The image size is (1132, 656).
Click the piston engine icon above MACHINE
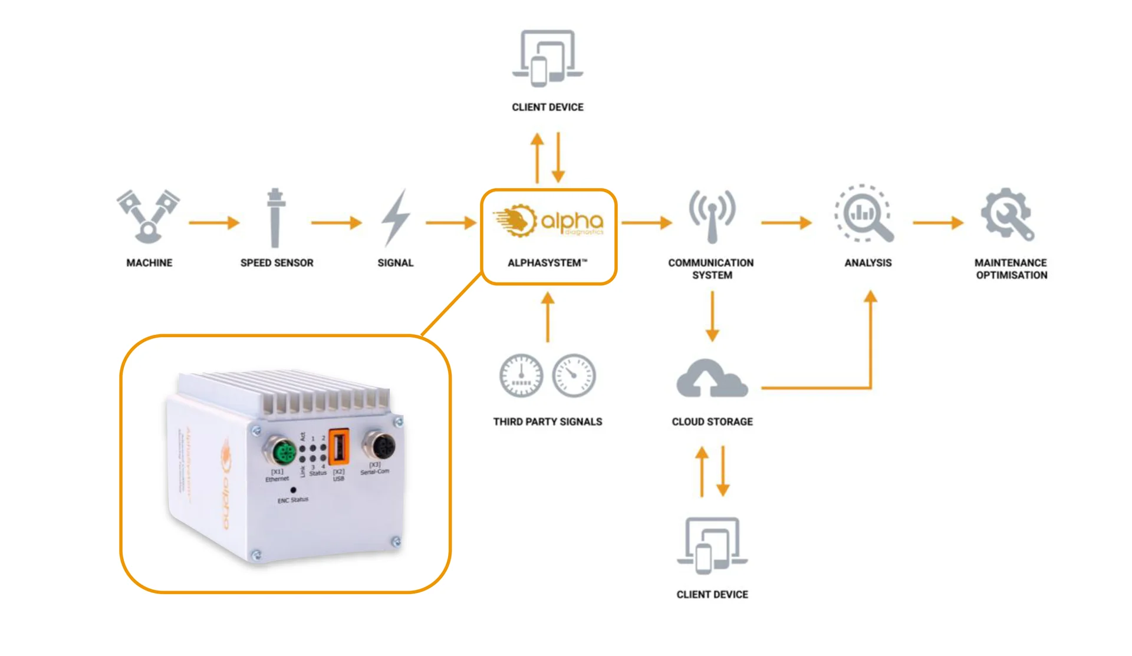pyautogui.click(x=148, y=216)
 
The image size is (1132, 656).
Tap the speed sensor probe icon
pyautogui.click(x=275, y=217)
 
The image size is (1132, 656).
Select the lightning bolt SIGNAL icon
pyautogui.click(x=395, y=216)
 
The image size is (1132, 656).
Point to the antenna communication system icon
pyautogui.click(x=712, y=216)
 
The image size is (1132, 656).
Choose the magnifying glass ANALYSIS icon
pyautogui.click(x=864, y=214)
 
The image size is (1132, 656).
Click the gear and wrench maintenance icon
pyautogui.click(x=1007, y=214)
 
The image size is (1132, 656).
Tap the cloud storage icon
pyautogui.click(x=712, y=378)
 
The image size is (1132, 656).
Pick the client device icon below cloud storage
pyautogui.click(x=712, y=545)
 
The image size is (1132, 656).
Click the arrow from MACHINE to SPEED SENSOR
pyautogui.click(x=214, y=223)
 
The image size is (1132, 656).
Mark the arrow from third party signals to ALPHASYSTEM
pyautogui.click(x=548, y=317)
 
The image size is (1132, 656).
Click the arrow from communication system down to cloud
pyautogui.click(x=712, y=317)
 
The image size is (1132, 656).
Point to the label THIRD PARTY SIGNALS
pyautogui.click(x=548, y=422)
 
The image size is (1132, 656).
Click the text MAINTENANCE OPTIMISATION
pyautogui.click(x=1011, y=269)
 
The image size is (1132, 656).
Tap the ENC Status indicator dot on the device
pyautogui.click(x=293, y=490)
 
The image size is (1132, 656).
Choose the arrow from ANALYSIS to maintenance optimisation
pyautogui.click(x=937, y=223)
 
